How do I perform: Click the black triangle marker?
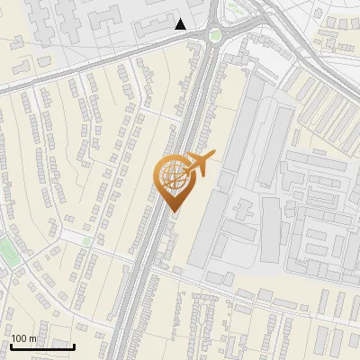point(181,24)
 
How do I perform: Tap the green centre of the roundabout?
point(214,36)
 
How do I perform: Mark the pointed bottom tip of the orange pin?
point(174,211)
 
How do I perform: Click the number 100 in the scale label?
point(20,338)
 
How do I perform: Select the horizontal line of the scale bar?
point(42,346)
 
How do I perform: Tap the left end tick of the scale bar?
point(11,345)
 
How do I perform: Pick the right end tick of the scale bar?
point(74,345)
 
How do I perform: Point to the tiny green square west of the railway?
point(86,240)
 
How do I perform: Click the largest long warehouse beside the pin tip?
point(209,225)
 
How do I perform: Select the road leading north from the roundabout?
point(213,11)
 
